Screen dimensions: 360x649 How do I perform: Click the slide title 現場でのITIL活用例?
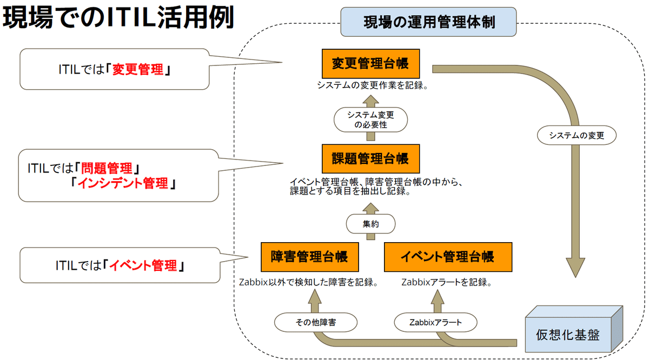pos(118,18)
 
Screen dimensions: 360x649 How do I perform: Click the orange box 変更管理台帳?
pos(370,63)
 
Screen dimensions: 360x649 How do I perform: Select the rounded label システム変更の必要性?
pos(370,119)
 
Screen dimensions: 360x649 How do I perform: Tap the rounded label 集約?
pos(370,223)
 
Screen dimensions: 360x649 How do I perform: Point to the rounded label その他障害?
pos(316,323)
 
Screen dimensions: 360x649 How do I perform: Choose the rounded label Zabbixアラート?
pos(435,323)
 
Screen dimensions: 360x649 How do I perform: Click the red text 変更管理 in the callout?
pos(137,70)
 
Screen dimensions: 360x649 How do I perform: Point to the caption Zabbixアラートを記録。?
pos(446,282)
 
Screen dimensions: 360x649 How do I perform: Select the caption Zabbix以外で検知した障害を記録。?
pos(308,282)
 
